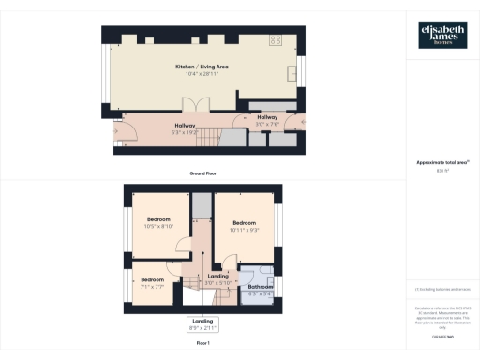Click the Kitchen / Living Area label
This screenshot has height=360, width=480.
click(x=202, y=67)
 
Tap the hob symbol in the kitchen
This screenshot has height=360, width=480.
click(x=277, y=40)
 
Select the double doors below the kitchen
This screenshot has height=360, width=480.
click(x=195, y=105)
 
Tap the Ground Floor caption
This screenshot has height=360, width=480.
click(x=202, y=174)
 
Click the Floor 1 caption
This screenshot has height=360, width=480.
click(x=202, y=344)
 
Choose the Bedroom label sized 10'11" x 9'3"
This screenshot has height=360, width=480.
click(x=246, y=225)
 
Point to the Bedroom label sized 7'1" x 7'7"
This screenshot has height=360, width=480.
click(x=153, y=281)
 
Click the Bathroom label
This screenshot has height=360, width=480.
click(x=260, y=287)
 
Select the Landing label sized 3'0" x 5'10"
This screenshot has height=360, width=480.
click(x=218, y=279)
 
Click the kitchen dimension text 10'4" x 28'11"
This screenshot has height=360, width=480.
click(x=202, y=74)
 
